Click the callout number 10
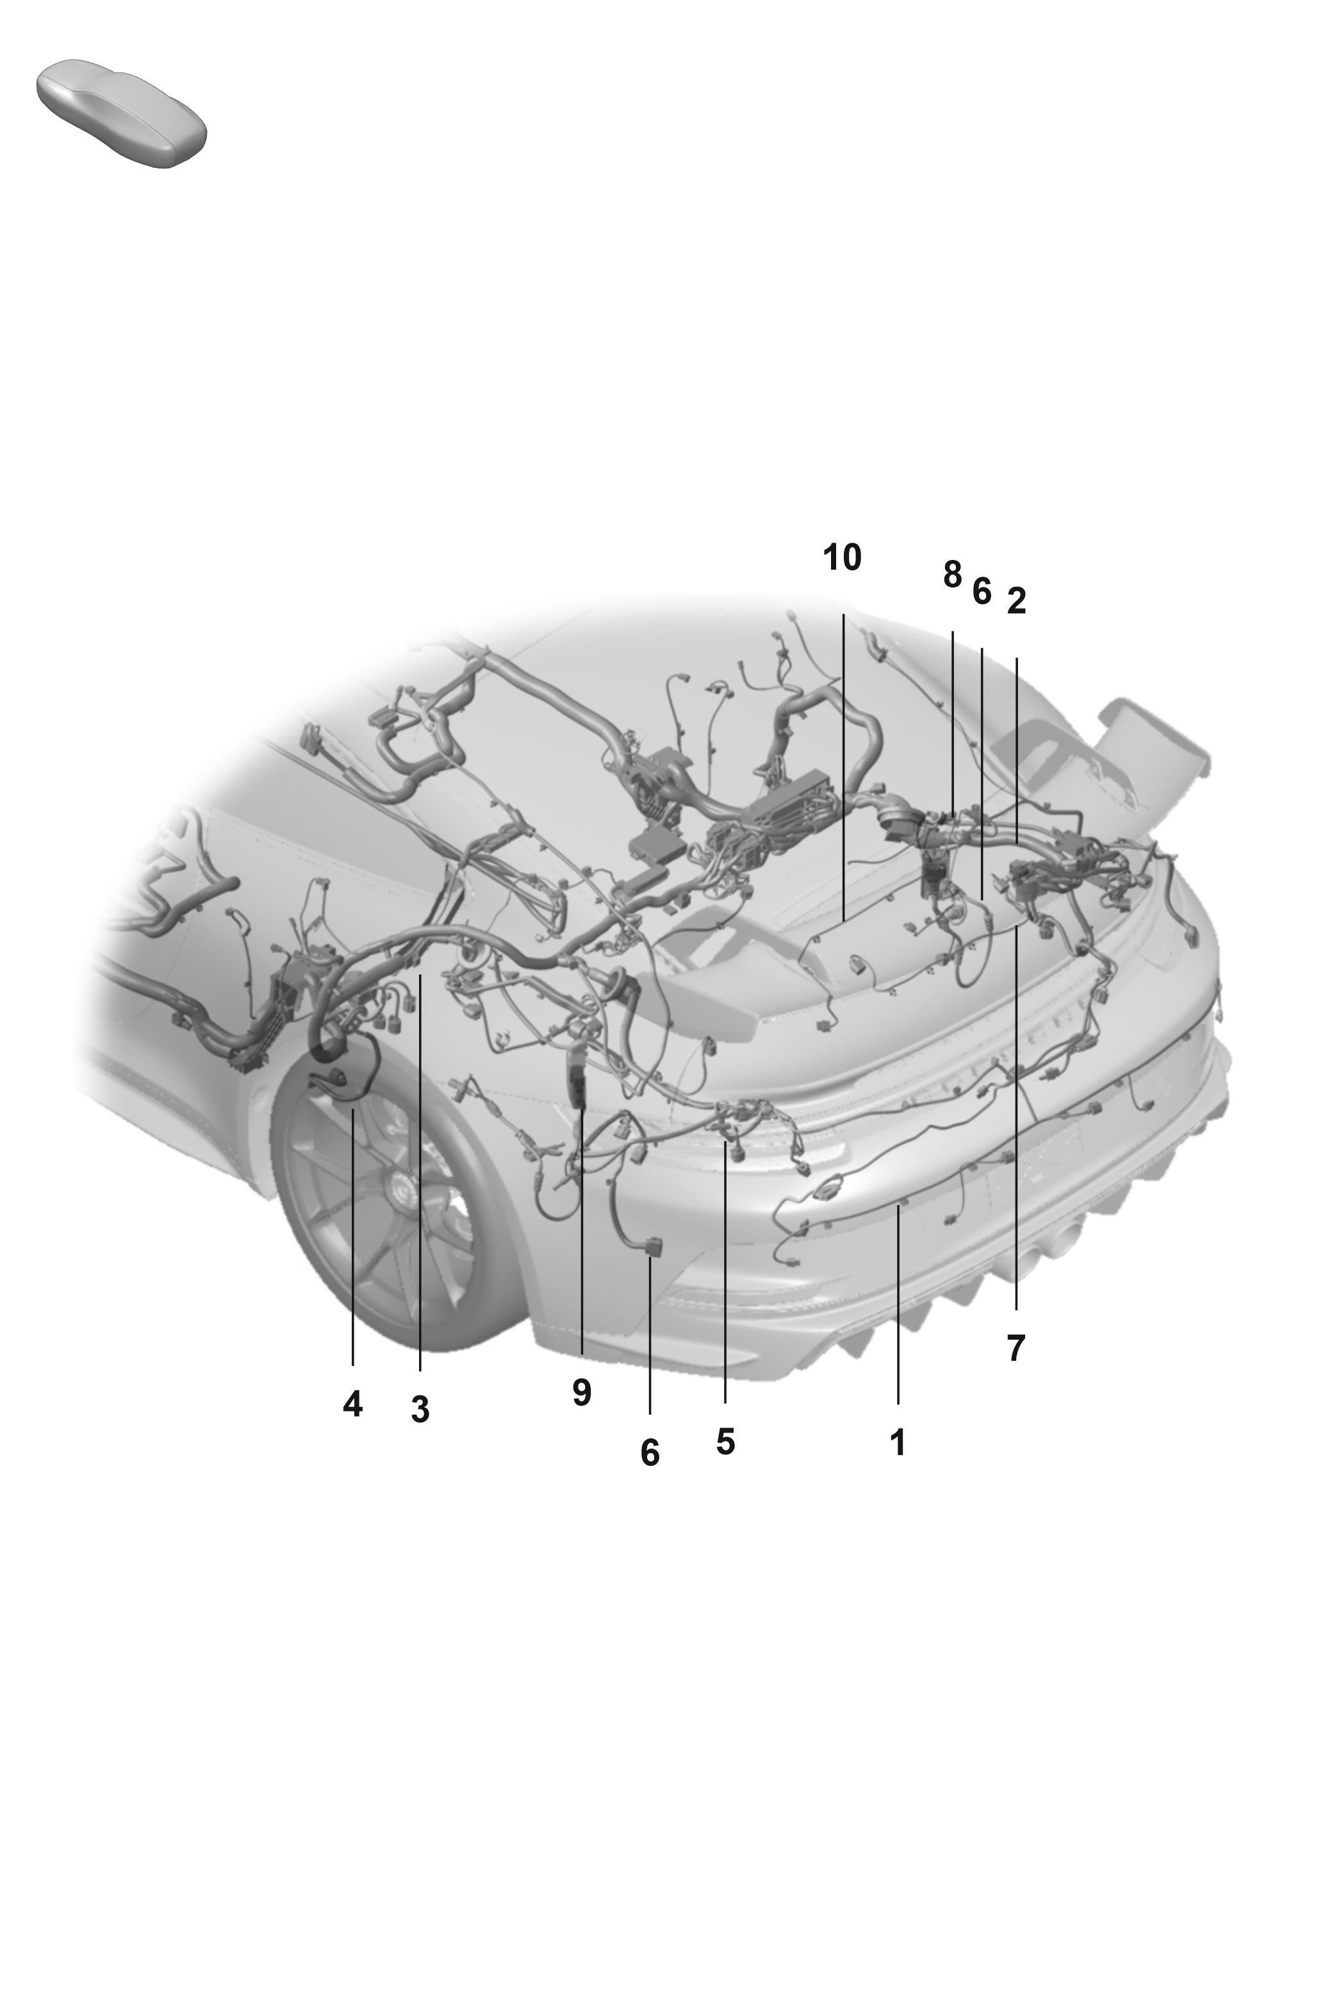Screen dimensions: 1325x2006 point(842,559)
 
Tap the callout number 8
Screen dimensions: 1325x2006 point(952,575)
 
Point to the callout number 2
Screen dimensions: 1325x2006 point(1017,601)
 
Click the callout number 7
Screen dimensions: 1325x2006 point(1016,1348)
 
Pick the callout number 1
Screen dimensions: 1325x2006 point(898,1442)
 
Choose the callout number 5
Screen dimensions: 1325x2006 point(725,1441)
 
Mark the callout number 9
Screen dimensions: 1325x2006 point(581,1392)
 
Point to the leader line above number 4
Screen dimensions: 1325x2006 point(352,1237)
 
